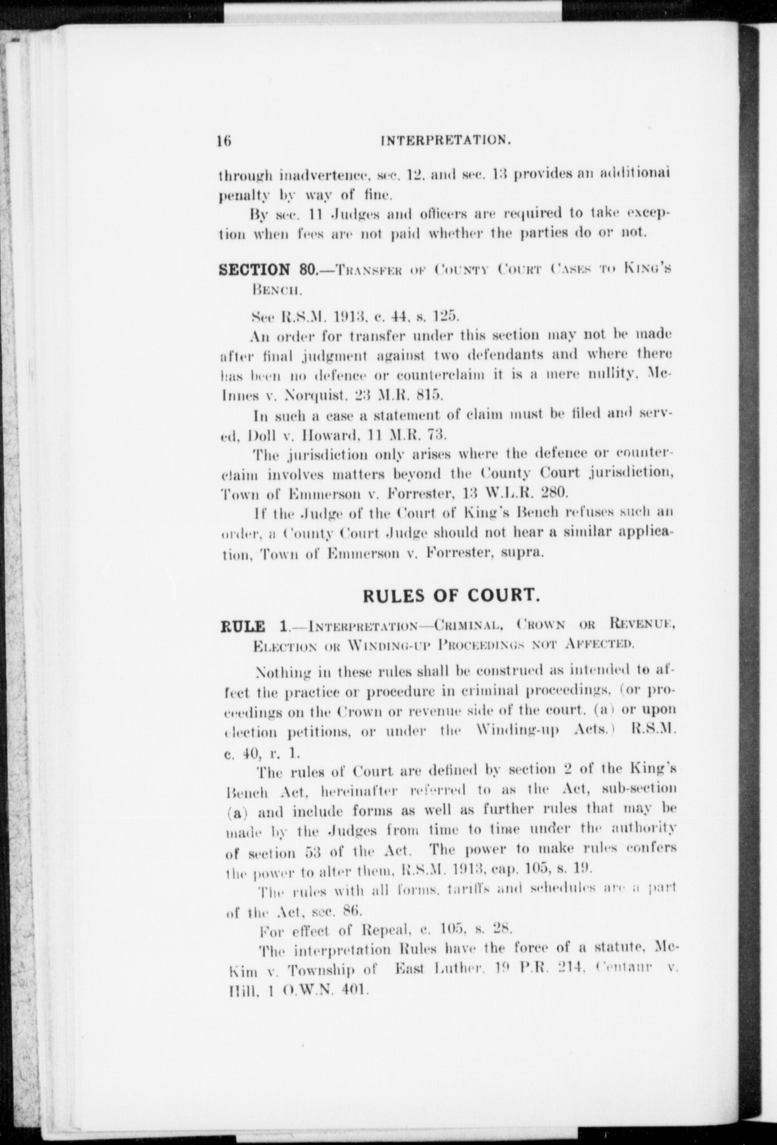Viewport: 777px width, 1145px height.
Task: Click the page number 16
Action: pyautogui.click(x=225, y=140)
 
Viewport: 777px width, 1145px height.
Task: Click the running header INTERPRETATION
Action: pyautogui.click(x=446, y=140)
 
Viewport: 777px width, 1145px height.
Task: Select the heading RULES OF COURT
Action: pyautogui.click(x=451, y=595)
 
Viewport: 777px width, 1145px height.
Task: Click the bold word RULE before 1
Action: pyautogui.click(x=243, y=627)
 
